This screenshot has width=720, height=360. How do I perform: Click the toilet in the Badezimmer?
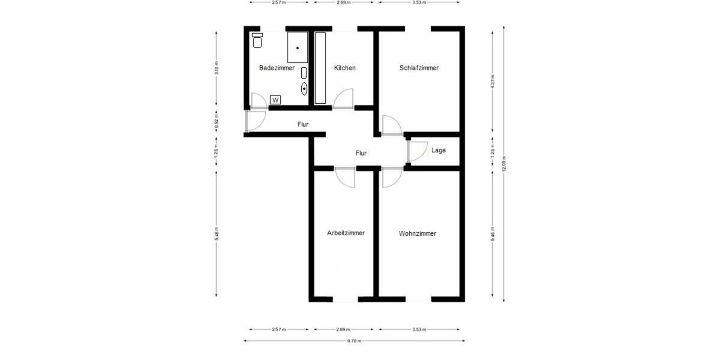[x=257, y=40]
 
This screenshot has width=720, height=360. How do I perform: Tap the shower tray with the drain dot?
[x=298, y=47]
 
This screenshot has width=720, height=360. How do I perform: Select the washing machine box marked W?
[x=275, y=100]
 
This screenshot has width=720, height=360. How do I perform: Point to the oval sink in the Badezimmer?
[x=304, y=89]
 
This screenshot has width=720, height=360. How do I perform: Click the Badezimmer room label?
[x=277, y=68]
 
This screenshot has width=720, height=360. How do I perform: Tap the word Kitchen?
[x=345, y=68]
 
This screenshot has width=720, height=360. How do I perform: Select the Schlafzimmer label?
[x=419, y=68]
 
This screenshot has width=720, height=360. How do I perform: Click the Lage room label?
[x=439, y=151]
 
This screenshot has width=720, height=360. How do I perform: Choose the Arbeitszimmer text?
[x=346, y=233]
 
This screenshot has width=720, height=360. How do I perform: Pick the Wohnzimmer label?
[x=417, y=233]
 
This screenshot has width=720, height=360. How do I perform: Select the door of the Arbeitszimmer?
[x=346, y=176]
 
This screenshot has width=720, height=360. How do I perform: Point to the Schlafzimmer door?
[x=392, y=125]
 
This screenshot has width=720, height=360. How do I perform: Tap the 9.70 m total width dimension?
[x=354, y=341]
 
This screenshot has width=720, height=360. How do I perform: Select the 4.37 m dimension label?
[x=493, y=81]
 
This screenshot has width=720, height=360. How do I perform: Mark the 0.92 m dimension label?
[x=217, y=122]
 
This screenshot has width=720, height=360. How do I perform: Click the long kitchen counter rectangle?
[x=320, y=68]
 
